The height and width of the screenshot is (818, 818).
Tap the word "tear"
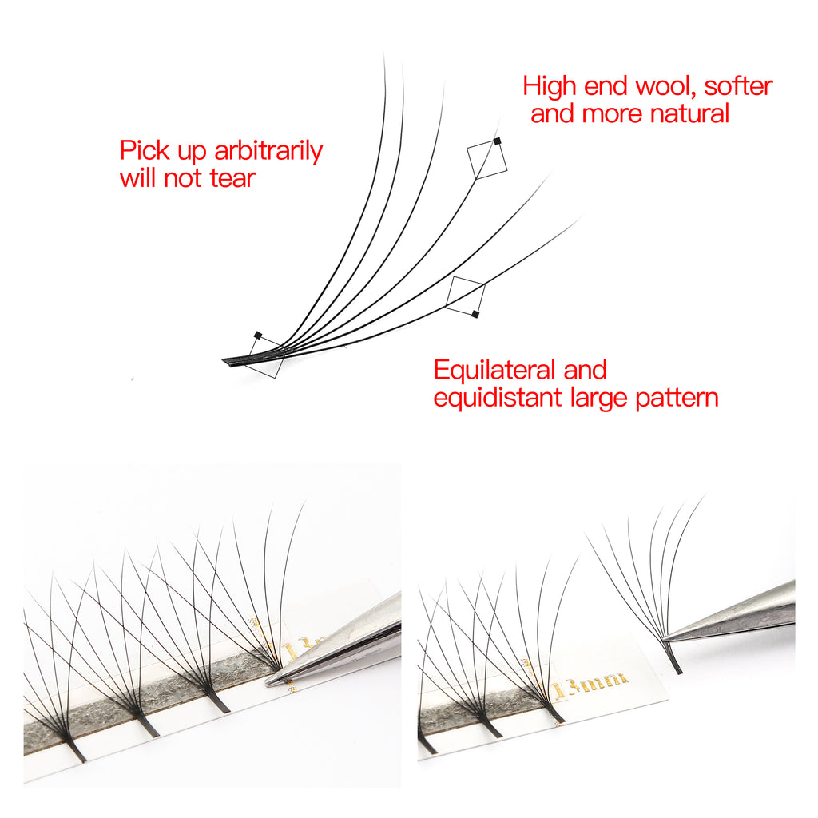(232, 178)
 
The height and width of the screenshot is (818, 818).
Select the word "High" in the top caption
(550, 85)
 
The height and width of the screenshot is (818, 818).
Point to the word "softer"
(739, 85)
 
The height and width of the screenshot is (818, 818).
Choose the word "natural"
(690, 113)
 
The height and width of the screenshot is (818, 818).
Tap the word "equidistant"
(498, 398)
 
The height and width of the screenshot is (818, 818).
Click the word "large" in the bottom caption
(598, 398)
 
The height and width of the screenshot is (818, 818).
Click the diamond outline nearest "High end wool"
(486, 159)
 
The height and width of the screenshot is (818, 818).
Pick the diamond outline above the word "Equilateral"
(465, 296)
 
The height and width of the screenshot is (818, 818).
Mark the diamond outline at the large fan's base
(266, 357)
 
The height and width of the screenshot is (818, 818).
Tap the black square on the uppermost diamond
(497, 141)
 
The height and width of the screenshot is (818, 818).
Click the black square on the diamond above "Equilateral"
(475, 314)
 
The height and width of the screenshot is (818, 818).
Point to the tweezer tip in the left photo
(272, 681)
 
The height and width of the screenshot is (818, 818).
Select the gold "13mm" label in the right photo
(589, 682)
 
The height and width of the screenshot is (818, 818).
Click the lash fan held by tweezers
(651, 575)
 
